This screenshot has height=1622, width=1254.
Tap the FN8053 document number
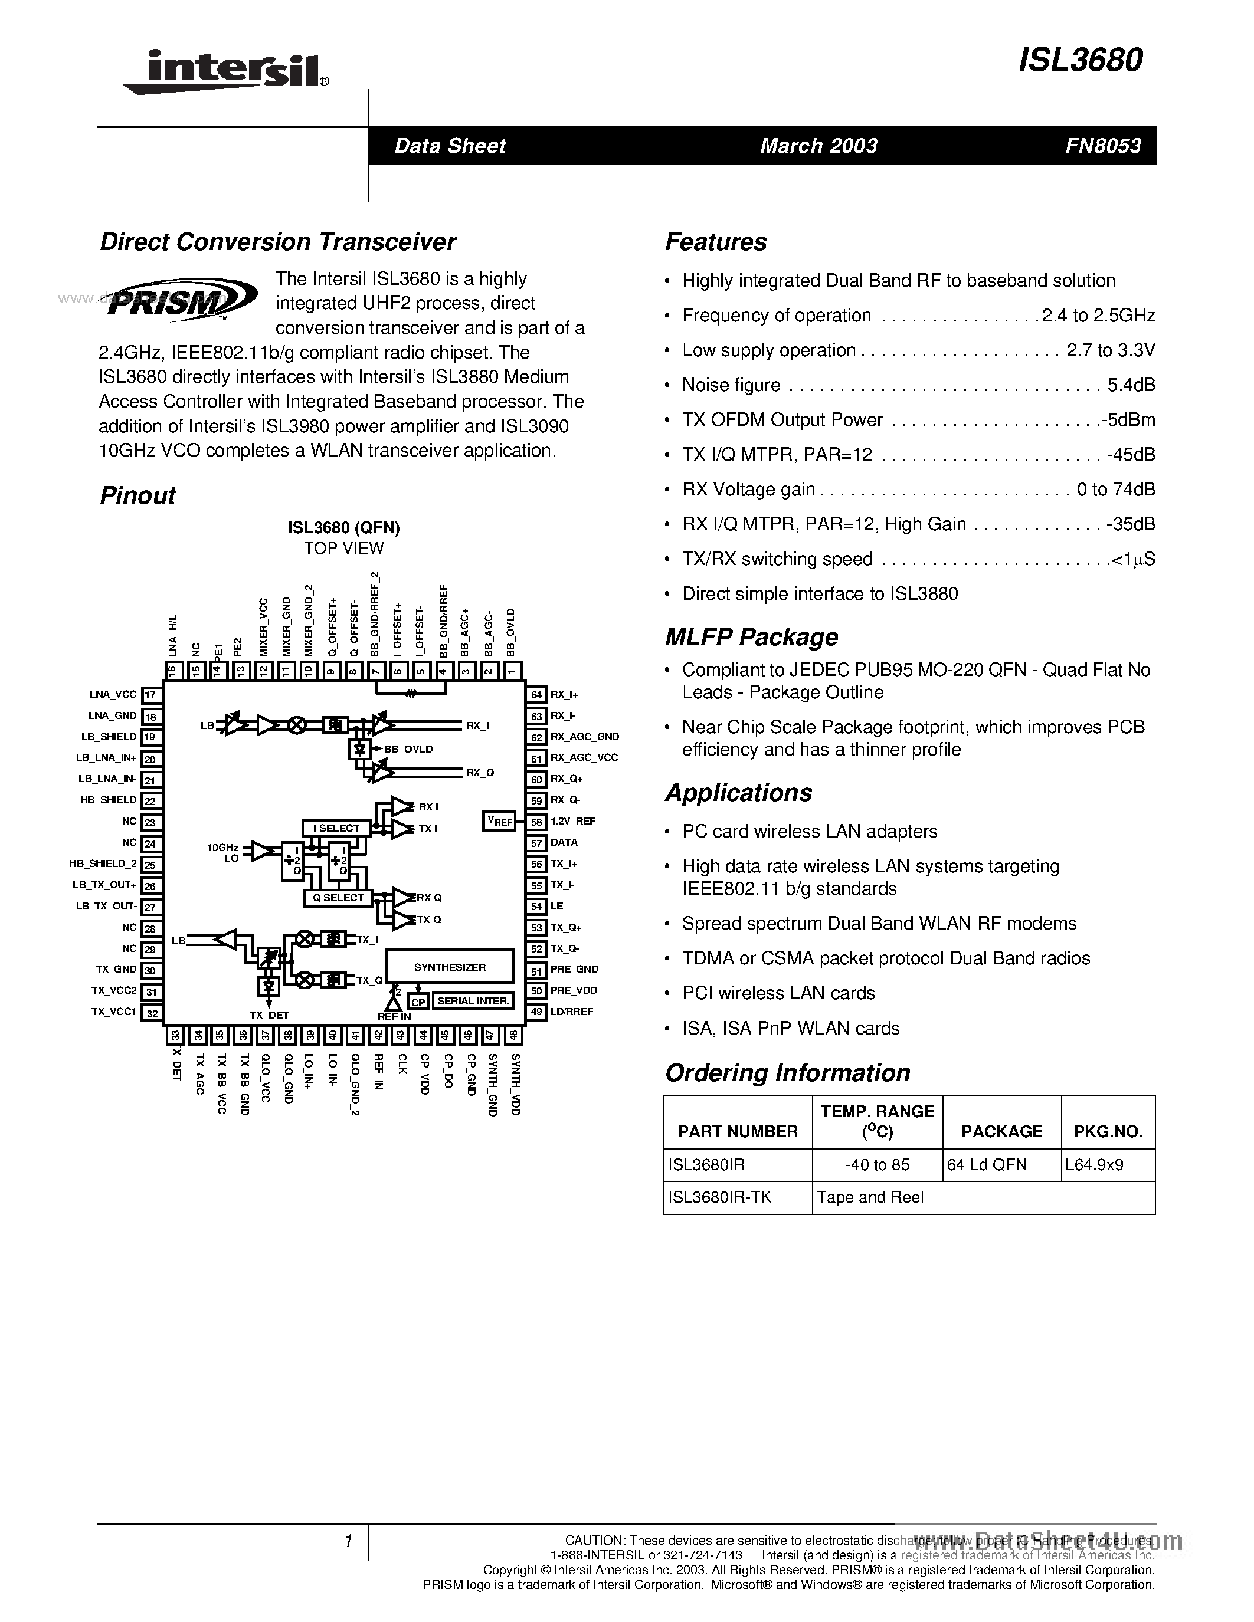(x=1103, y=146)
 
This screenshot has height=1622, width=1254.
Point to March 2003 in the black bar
(x=818, y=146)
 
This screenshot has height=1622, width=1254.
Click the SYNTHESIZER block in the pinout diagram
(x=450, y=967)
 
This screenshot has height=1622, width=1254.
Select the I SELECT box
(x=336, y=828)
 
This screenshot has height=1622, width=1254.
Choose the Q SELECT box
(x=338, y=898)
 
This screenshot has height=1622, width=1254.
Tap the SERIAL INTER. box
(x=473, y=1001)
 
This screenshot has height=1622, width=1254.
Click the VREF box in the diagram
(x=499, y=820)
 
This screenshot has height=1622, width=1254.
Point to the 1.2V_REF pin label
(x=573, y=822)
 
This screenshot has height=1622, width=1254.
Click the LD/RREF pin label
(x=571, y=1012)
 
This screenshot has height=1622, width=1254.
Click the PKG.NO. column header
(x=1108, y=1131)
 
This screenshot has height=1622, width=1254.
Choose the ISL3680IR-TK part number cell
(x=720, y=1197)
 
